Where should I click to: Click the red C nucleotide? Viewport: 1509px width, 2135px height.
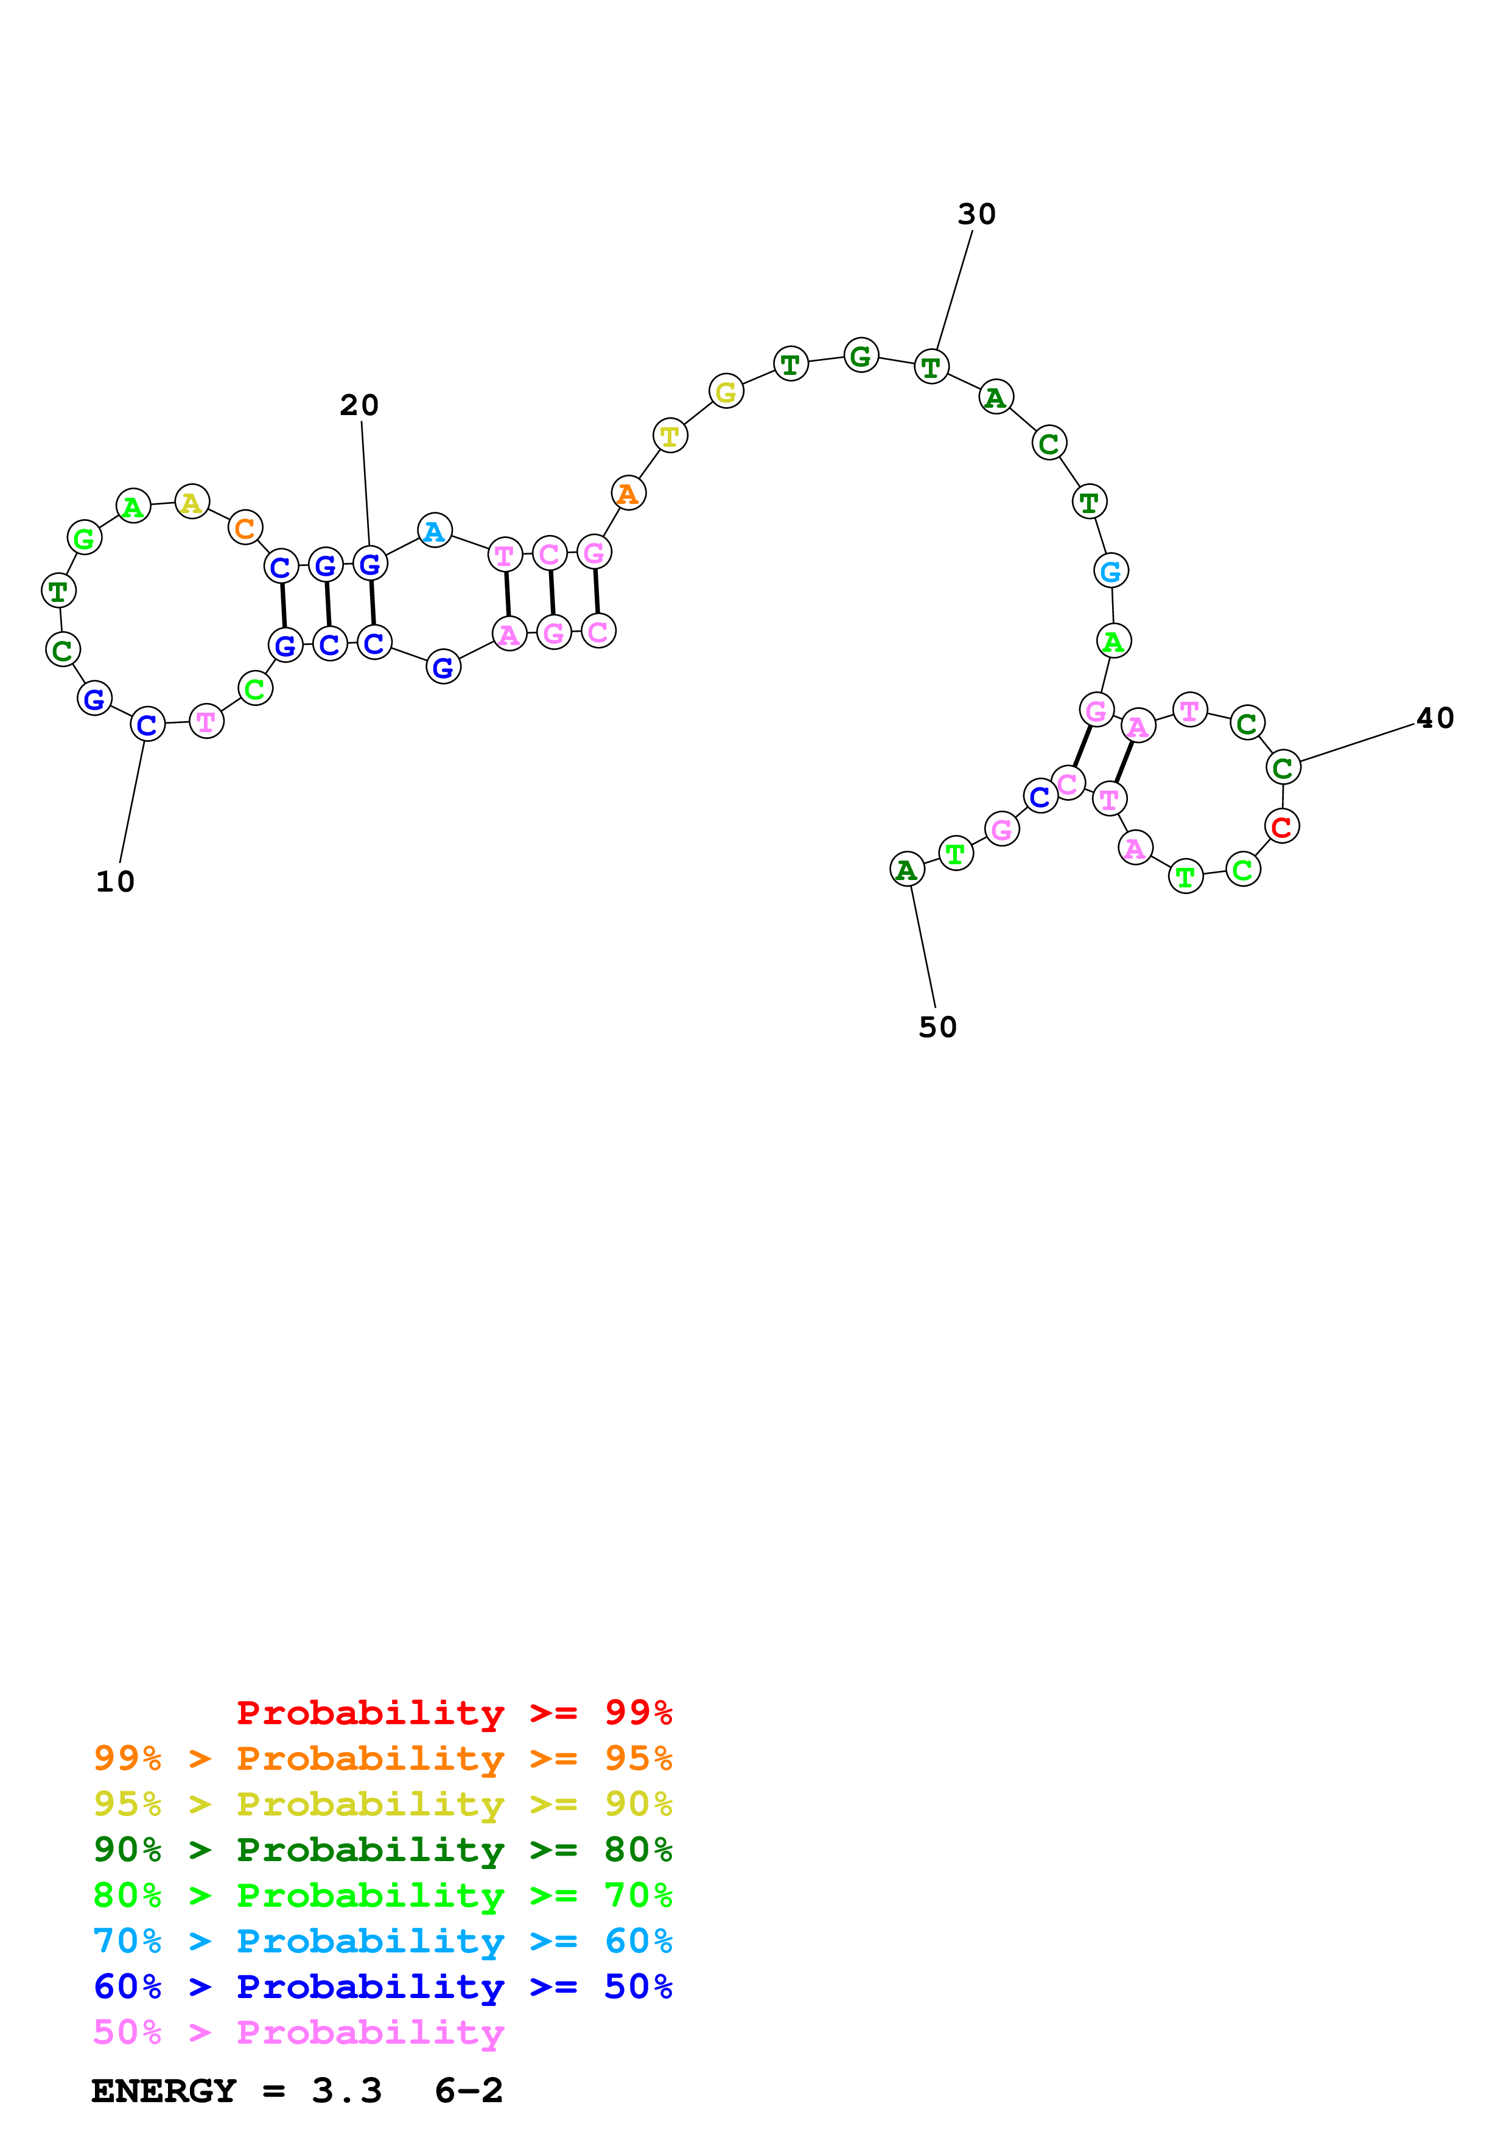click(x=1281, y=826)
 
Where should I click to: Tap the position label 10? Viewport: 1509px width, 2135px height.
click(x=115, y=881)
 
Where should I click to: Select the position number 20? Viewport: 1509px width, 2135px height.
click(x=359, y=405)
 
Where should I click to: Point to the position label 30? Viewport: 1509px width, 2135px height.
click(x=976, y=215)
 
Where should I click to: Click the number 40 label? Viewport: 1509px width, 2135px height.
click(x=1435, y=718)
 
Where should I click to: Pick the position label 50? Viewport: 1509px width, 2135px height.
click(x=937, y=1027)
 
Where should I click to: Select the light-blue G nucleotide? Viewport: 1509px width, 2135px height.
click(x=1110, y=571)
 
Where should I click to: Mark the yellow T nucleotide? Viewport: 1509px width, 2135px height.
click(x=670, y=435)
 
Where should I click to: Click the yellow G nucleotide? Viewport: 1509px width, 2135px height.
click(x=725, y=391)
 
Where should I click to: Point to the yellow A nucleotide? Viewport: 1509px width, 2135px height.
click(x=192, y=502)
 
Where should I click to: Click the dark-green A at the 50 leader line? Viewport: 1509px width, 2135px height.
click(x=906, y=870)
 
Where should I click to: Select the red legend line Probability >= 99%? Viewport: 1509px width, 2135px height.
click(x=455, y=1713)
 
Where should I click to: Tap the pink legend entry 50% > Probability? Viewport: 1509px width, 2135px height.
click(x=298, y=2033)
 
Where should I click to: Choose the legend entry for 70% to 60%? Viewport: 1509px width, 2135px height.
click(x=382, y=1941)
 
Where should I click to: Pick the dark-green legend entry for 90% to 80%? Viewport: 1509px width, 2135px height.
click(x=382, y=1850)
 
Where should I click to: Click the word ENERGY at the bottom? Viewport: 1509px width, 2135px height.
click(x=164, y=2091)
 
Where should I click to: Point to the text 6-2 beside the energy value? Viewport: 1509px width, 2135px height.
click(x=469, y=2091)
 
